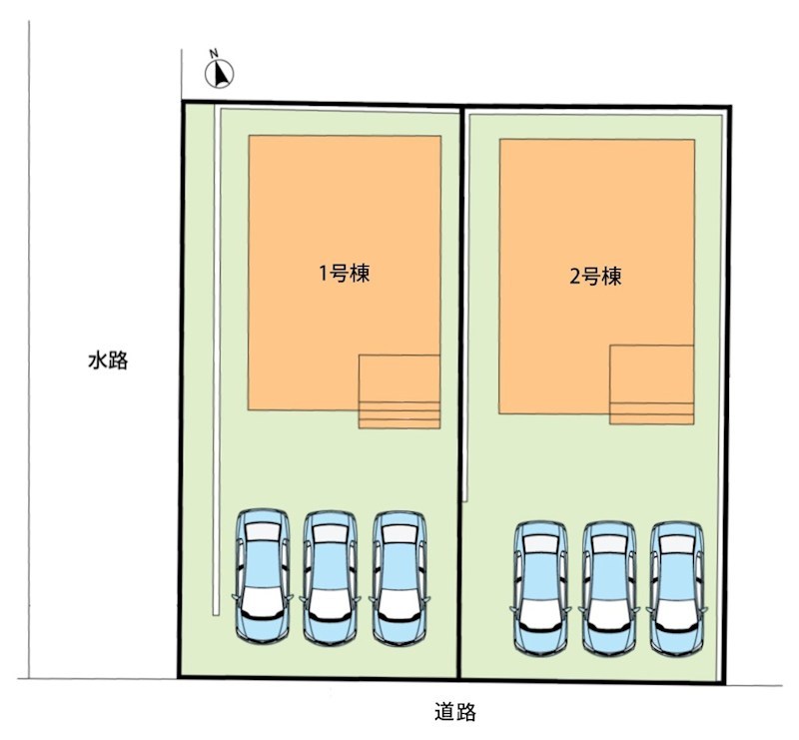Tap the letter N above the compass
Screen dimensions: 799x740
(x=214, y=53)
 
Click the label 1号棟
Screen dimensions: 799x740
(x=345, y=274)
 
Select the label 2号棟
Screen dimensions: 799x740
(x=595, y=277)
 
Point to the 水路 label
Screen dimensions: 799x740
(x=108, y=361)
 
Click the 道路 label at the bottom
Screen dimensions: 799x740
(x=455, y=712)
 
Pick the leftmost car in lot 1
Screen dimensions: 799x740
(x=263, y=576)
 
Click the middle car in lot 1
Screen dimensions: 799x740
(x=331, y=577)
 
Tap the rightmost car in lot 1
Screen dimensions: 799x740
(x=399, y=577)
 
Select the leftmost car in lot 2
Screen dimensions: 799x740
(x=541, y=588)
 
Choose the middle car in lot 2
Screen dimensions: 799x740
(x=609, y=588)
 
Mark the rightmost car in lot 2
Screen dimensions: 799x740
(x=677, y=588)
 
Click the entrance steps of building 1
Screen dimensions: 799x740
(x=399, y=414)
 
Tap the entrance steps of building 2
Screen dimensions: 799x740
(x=652, y=413)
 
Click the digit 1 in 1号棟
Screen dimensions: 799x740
(x=323, y=275)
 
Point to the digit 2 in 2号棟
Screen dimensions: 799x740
(x=575, y=278)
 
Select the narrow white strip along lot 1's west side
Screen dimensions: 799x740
(x=217, y=360)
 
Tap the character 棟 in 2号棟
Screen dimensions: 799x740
(x=611, y=277)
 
